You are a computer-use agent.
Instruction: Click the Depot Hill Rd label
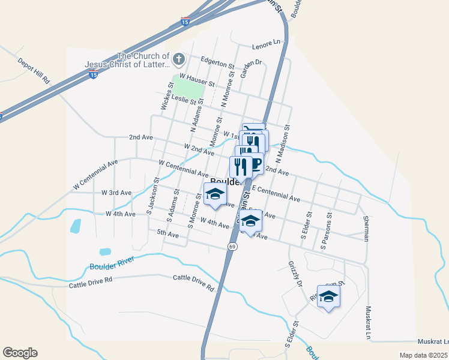34,71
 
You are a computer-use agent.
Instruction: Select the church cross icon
178,59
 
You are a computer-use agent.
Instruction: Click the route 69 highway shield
232,247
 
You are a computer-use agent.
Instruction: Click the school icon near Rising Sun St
328,297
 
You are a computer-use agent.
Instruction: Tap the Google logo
20,353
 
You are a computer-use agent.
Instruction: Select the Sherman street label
366,227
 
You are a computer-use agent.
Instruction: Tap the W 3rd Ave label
116,193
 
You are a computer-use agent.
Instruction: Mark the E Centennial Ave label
276,193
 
